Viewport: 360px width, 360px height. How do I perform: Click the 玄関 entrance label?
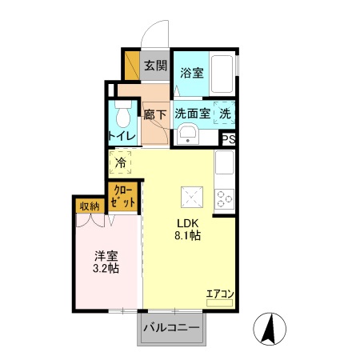155,66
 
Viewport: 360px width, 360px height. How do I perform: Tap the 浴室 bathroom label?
191,73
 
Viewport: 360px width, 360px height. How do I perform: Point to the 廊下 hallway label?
155,114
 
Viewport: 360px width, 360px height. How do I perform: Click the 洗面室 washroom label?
193,114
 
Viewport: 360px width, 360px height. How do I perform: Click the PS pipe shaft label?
229,138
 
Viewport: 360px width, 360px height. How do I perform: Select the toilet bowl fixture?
123,118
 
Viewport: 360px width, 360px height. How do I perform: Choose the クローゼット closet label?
123,196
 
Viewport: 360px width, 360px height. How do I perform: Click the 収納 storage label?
90,206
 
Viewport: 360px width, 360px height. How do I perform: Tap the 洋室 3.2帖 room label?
106,262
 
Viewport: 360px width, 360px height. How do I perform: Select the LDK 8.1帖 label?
188,230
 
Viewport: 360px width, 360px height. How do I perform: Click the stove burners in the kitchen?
226,197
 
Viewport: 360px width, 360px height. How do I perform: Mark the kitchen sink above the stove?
225,166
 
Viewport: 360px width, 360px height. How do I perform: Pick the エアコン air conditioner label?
219,294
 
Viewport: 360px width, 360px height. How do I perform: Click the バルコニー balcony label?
171,327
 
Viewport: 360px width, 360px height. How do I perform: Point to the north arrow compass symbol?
270,327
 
